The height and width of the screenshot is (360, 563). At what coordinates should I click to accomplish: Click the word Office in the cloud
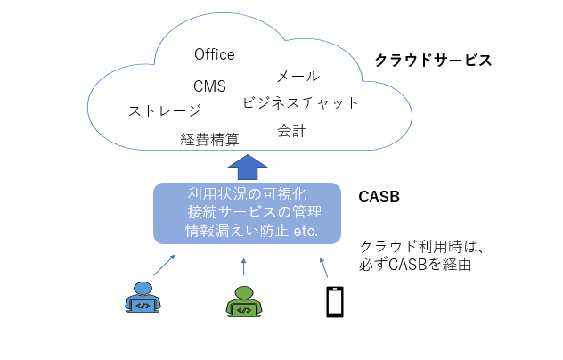(x=215, y=55)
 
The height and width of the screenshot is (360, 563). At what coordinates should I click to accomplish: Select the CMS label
(x=209, y=86)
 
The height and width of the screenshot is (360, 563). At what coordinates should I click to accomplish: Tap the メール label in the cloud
(x=298, y=76)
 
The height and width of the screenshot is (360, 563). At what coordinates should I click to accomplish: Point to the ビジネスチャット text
(x=301, y=102)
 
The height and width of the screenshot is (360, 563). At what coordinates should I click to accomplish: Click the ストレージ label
(x=164, y=110)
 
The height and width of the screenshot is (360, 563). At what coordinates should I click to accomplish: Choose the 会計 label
(x=291, y=131)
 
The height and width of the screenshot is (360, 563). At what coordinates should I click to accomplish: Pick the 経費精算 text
(x=209, y=139)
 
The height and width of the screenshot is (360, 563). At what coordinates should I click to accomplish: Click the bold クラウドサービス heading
(x=433, y=61)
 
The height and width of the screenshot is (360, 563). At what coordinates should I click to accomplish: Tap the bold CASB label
(x=379, y=195)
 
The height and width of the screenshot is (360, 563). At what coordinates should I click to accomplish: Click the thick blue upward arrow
(x=247, y=165)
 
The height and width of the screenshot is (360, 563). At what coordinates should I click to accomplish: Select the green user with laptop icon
(x=242, y=300)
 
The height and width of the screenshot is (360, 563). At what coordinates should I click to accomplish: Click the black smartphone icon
(x=334, y=300)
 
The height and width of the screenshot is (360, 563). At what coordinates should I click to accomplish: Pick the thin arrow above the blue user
(x=165, y=263)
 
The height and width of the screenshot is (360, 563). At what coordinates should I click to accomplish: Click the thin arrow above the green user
(x=243, y=266)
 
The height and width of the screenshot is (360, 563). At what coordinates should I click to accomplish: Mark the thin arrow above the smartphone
(x=323, y=266)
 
